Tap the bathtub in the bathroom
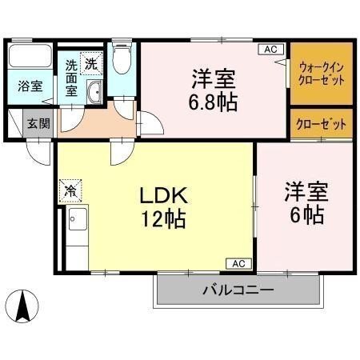[x=30, y=58]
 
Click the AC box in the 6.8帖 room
[x=271, y=50]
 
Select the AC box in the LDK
[x=238, y=262]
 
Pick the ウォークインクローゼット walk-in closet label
[x=322, y=74]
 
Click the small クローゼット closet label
[x=322, y=124]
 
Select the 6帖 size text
[x=306, y=214]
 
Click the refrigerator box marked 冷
[x=71, y=191]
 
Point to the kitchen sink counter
[x=77, y=232]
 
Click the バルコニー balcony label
[x=238, y=290]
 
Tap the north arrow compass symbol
[x=24, y=306]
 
